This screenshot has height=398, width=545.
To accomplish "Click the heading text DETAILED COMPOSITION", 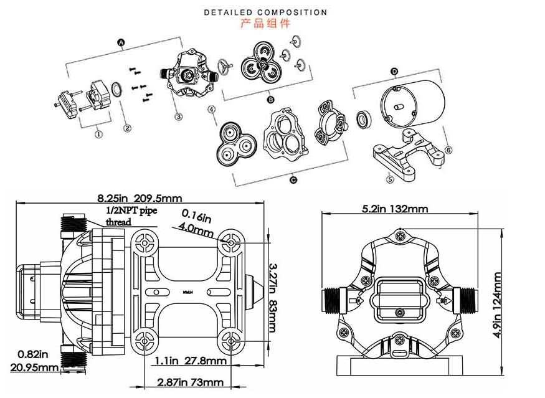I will (x=265, y=12).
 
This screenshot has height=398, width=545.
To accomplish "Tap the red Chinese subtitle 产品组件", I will (x=265, y=24).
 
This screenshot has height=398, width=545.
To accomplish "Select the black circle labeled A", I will (x=121, y=42).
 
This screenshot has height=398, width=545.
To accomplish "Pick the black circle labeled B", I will (x=271, y=99).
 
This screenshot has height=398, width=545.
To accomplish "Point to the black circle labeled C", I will (x=293, y=180).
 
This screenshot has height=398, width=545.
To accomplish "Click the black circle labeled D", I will (x=394, y=72).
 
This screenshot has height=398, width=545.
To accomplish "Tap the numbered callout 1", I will (x=98, y=132).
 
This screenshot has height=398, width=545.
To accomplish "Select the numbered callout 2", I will (x=127, y=129).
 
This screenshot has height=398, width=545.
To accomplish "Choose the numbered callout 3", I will (x=178, y=116).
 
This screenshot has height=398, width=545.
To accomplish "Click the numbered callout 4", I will (x=212, y=109).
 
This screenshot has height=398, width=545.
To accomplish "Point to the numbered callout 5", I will (x=391, y=179).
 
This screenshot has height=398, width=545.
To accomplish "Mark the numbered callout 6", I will (x=448, y=149).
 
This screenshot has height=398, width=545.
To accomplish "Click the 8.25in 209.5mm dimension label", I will (x=140, y=199).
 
